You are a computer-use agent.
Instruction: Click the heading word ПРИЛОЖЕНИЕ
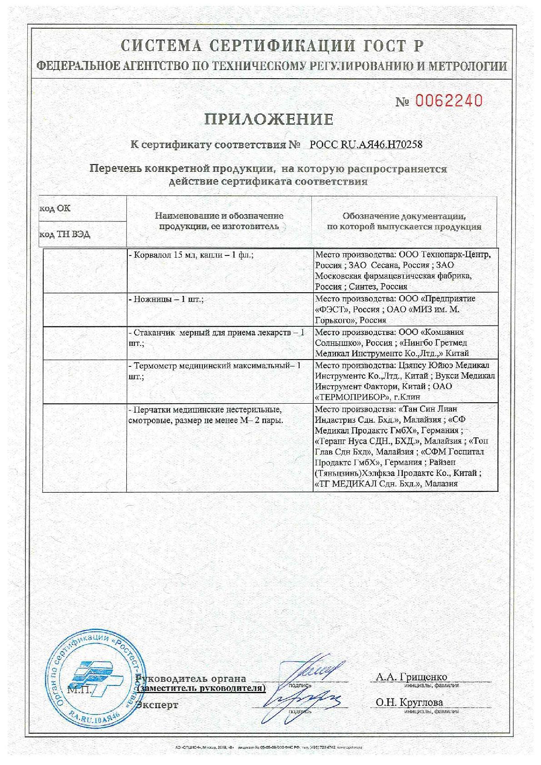click(x=269, y=120)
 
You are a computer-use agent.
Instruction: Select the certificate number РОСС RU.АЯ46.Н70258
click(x=366, y=145)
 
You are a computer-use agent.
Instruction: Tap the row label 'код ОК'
click(x=55, y=209)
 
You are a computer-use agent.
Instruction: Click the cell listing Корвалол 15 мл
click(x=191, y=255)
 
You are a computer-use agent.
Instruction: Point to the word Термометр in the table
click(x=155, y=366)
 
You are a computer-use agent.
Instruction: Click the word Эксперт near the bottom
click(x=157, y=705)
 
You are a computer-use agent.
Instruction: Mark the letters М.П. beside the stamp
click(x=80, y=690)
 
